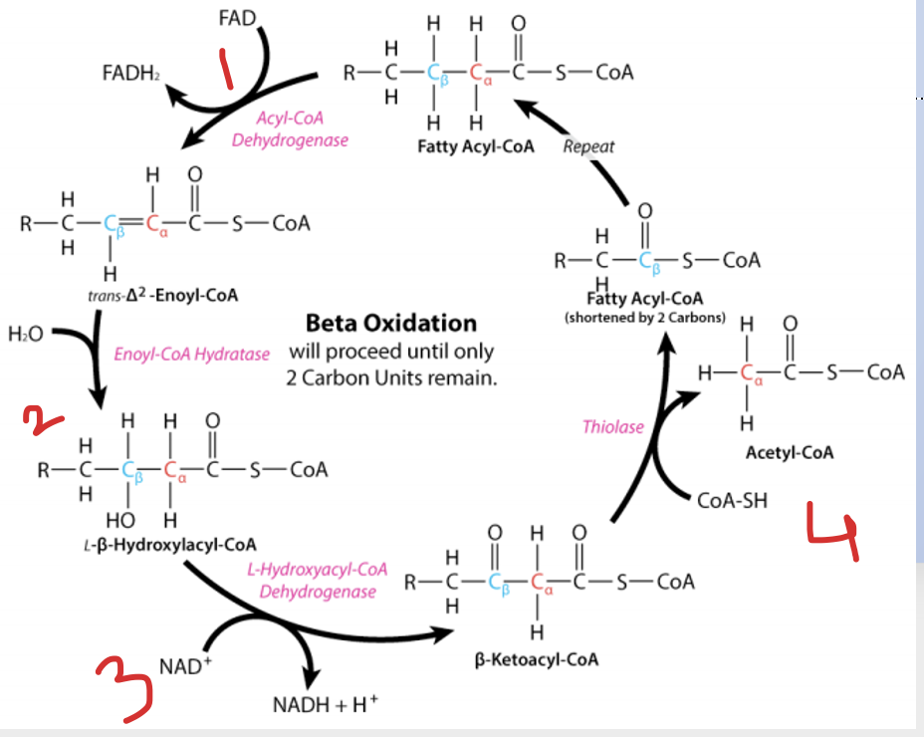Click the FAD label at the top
click(x=237, y=18)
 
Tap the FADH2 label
click(x=130, y=73)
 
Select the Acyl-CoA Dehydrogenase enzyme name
click(x=290, y=129)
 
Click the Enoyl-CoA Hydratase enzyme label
click(x=191, y=354)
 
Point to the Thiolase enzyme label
click(x=613, y=426)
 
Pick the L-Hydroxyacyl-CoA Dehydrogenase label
click(x=318, y=581)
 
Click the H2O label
click(x=26, y=335)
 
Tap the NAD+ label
click(x=185, y=665)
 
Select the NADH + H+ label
click(x=326, y=704)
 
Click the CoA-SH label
click(x=733, y=501)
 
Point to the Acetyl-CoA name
click(x=790, y=452)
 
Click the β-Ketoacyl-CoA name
click(x=537, y=658)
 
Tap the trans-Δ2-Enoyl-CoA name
click(x=162, y=295)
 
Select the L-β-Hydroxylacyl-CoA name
click(x=170, y=544)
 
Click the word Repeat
click(x=588, y=146)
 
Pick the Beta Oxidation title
click(x=391, y=323)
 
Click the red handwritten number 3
click(x=124, y=688)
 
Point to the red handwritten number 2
click(x=43, y=420)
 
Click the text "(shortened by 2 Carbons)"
click(x=644, y=317)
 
